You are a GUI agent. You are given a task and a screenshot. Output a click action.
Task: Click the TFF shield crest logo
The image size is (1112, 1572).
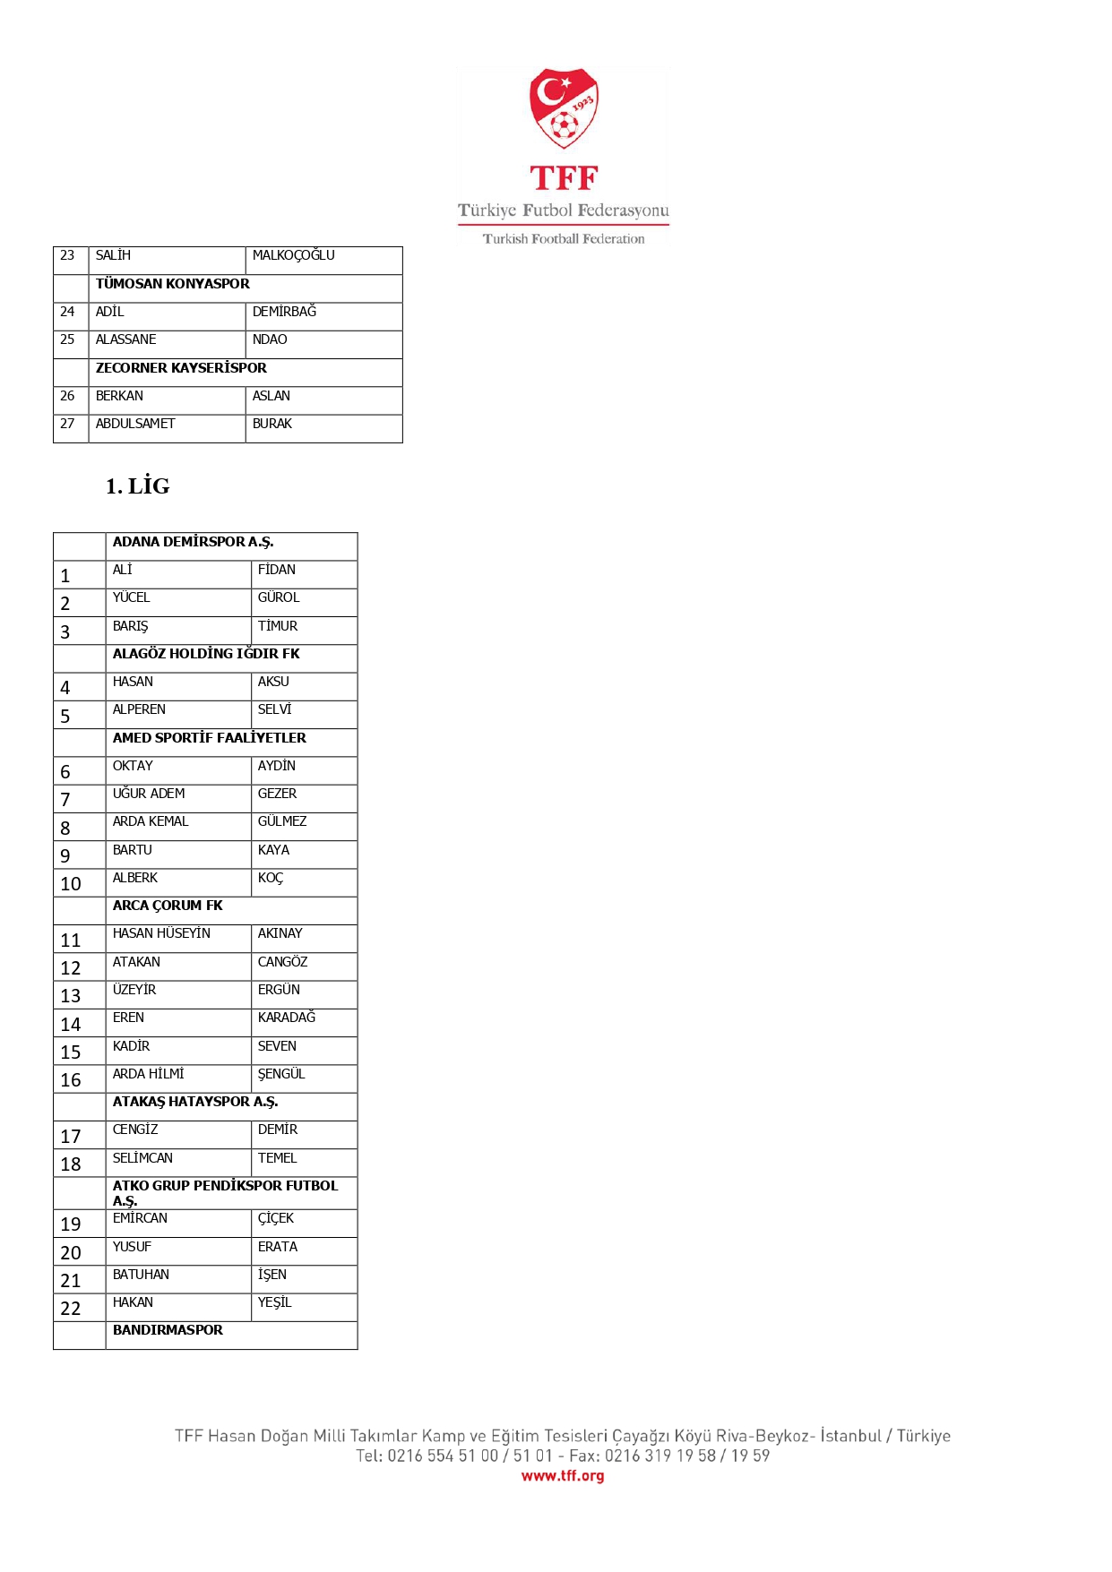(564, 108)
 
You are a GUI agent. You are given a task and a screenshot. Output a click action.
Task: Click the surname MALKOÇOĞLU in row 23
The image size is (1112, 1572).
(293, 255)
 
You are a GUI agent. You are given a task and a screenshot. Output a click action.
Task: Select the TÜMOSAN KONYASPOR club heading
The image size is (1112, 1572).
(173, 284)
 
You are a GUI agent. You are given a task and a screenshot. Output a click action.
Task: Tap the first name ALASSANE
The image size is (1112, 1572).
(125, 339)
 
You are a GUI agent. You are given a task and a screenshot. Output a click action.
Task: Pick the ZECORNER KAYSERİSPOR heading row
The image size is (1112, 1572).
(181, 368)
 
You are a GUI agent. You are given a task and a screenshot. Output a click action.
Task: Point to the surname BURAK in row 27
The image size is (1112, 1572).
(272, 424)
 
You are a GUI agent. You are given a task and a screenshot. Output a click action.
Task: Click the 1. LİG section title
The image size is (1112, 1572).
(137, 486)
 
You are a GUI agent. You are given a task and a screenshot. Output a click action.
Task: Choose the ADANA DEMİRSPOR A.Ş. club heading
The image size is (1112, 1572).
(193, 542)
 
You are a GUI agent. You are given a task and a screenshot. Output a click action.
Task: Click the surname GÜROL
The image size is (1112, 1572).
(279, 597)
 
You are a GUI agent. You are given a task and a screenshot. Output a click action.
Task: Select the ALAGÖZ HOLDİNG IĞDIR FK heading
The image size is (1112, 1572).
(206, 654)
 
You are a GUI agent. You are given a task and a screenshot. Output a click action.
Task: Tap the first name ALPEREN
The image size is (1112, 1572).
(139, 709)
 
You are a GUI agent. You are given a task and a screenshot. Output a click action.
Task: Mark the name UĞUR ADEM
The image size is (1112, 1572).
(149, 794)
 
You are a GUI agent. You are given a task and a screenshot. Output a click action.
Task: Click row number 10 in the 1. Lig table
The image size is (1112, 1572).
(71, 884)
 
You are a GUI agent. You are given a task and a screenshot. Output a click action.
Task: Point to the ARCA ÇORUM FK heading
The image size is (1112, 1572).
(168, 906)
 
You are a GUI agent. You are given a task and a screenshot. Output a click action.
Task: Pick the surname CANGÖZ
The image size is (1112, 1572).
(282, 962)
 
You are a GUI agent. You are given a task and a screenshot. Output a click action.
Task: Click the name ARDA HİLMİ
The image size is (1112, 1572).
(148, 1074)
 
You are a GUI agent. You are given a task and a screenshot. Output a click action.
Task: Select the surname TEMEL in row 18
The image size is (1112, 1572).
(277, 1158)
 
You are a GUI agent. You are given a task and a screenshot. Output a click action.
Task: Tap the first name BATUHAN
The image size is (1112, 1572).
(141, 1275)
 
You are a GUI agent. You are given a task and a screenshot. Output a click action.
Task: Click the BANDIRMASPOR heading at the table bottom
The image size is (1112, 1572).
(168, 1330)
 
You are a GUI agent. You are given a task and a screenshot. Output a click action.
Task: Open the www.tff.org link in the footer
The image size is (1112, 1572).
(563, 1476)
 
